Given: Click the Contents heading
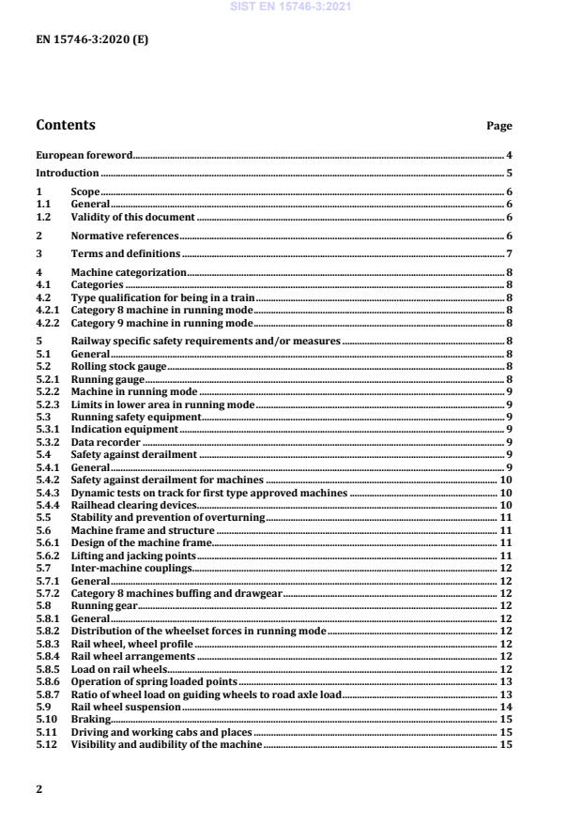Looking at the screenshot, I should [65, 125].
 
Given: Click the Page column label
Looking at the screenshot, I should [498, 126].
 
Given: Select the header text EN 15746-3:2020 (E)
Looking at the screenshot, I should [91, 40].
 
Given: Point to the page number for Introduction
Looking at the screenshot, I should [509, 173].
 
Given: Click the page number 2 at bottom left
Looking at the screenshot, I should [38, 789].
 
